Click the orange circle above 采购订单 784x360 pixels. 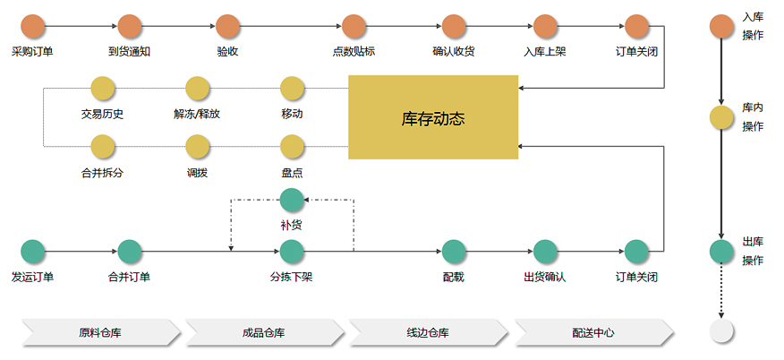pos(33,27)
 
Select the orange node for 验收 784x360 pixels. pos(228,27)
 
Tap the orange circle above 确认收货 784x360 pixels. pos(454,27)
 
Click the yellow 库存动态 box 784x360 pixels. pos(433,117)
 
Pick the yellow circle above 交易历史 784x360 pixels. pos(103,89)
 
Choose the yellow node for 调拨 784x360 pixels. pos(198,147)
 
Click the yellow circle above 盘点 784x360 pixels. pos(293,147)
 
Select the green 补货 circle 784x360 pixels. pos(292,200)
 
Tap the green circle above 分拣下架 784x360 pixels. pos(292,252)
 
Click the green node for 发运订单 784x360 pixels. pos(33,252)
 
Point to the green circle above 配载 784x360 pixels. pos(454,252)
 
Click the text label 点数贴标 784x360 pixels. pos(354,52)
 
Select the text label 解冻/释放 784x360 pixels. pos(197,114)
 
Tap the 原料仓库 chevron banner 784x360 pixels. pos(101,332)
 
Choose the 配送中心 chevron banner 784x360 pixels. pos(594,332)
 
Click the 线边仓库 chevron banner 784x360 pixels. pos(429,332)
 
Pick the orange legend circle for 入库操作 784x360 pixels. pos(721,27)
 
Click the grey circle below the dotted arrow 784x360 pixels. pos(721,330)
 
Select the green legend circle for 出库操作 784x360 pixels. pos(721,252)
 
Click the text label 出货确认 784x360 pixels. pos(545,277)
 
